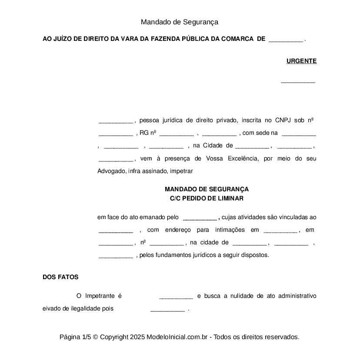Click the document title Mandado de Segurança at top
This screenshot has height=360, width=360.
tap(179, 22)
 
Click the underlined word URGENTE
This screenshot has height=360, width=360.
tap(301, 61)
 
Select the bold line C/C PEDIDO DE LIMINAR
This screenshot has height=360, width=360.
tap(207, 198)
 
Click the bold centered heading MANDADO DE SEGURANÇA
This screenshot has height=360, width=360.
tap(207, 190)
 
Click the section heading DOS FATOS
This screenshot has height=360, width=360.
tap(60, 277)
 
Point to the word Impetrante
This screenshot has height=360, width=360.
tap(100, 296)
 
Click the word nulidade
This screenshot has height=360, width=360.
tap(242, 296)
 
